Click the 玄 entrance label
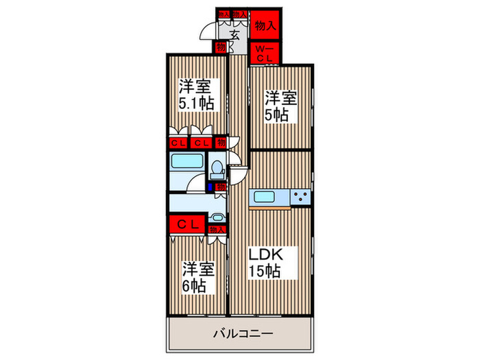pyautogui.click(x=235, y=35)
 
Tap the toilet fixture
pyautogui.click(x=217, y=167)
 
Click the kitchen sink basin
pyautogui.click(x=265, y=197)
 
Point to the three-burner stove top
pyautogui.click(x=300, y=197)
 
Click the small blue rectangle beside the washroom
pyautogui.click(x=211, y=186)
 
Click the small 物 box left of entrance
pyautogui.click(x=220, y=47)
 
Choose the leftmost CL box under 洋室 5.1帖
pyautogui.click(x=178, y=143)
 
